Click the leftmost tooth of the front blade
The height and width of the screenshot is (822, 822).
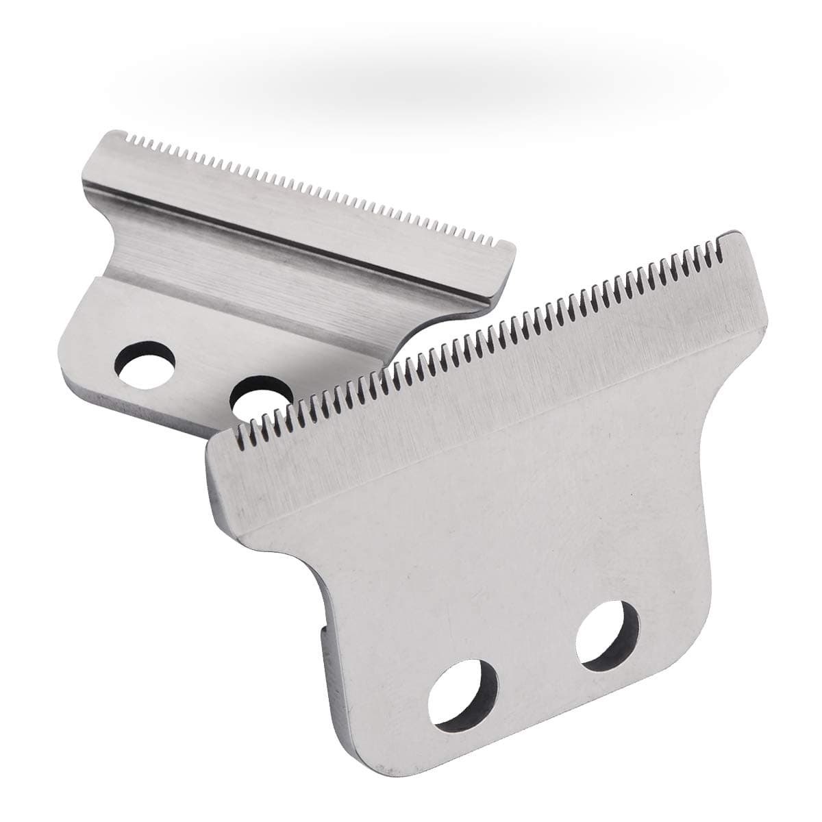click(240, 431)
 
